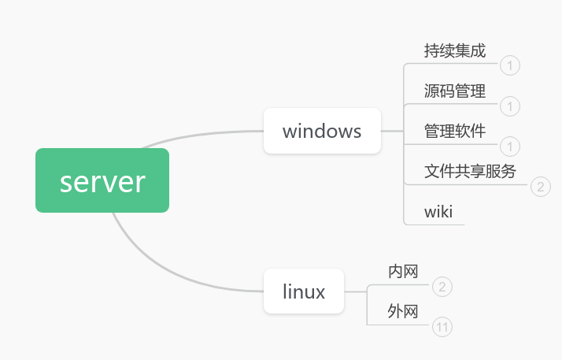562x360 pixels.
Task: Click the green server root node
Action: tap(102, 180)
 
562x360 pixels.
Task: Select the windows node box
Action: tap(322, 131)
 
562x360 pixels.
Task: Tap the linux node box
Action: tap(304, 291)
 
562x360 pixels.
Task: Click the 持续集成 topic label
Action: tap(454, 51)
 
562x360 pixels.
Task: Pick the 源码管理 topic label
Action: tap(454, 91)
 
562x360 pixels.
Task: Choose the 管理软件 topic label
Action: tap(454, 131)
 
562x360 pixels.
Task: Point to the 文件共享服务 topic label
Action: tap(470, 171)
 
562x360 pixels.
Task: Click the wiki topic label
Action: tap(438, 211)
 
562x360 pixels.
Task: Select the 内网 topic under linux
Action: tap(403, 272)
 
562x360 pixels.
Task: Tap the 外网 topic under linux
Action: tap(403, 312)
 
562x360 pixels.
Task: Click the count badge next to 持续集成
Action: tap(509, 65)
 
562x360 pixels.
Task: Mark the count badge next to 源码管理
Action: tap(509, 106)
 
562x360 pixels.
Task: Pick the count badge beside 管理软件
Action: tap(509, 146)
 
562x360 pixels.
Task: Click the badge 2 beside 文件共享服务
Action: tap(541, 186)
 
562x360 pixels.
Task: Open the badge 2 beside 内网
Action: tap(443, 287)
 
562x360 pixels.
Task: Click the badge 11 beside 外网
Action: tap(443, 327)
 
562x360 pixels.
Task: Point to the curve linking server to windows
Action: tap(205, 133)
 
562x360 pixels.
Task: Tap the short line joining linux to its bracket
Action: tap(356, 291)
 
